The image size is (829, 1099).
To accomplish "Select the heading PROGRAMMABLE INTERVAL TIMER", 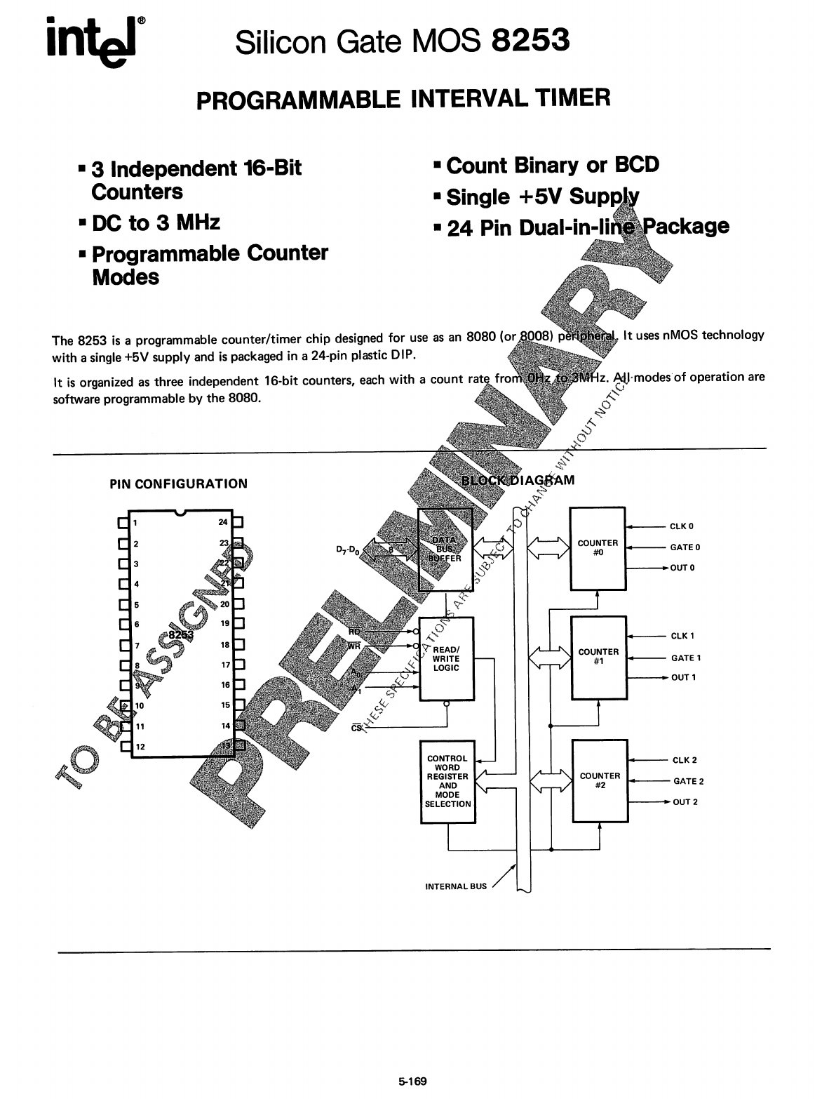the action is tap(403, 98).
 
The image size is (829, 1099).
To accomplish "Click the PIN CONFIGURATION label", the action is tap(178, 484).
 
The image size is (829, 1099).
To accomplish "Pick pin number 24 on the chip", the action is tap(224, 522).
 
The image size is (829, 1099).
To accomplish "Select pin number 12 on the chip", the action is tap(140, 746).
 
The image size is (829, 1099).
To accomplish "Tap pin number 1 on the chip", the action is tap(135, 522).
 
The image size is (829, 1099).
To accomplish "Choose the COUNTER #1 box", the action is tap(598, 657).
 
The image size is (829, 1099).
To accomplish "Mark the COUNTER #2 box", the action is tap(600, 780).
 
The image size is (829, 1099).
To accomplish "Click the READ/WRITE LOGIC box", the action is tap(446, 658).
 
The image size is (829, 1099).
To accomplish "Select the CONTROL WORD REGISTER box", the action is tap(447, 781).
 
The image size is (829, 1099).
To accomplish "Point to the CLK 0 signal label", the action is tap(681, 526).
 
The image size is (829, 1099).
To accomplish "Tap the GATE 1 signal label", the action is tap(685, 658).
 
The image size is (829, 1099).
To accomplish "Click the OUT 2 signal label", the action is tap(685, 802).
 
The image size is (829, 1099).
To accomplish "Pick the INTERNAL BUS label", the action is tap(456, 886).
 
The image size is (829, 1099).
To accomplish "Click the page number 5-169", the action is tap(412, 1081).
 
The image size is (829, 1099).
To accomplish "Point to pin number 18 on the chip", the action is tap(225, 644).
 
